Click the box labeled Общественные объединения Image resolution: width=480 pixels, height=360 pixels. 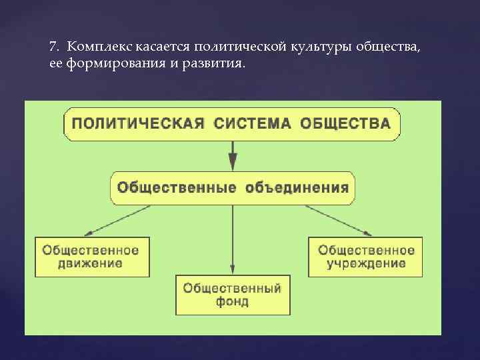click(x=233, y=187)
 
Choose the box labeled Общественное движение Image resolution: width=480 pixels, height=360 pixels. click(x=91, y=257)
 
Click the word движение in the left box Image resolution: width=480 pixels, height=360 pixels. click(x=91, y=263)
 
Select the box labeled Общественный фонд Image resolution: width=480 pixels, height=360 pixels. click(x=233, y=295)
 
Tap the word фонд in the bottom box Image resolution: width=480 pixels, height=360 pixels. click(x=233, y=302)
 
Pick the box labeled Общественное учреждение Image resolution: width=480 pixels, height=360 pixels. click(x=366, y=257)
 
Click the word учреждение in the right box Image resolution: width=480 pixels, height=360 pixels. click(x=366, y=263)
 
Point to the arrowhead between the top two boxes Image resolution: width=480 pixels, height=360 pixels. click(x=233, y=161)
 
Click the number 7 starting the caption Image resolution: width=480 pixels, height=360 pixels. click(x=53, y=47)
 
